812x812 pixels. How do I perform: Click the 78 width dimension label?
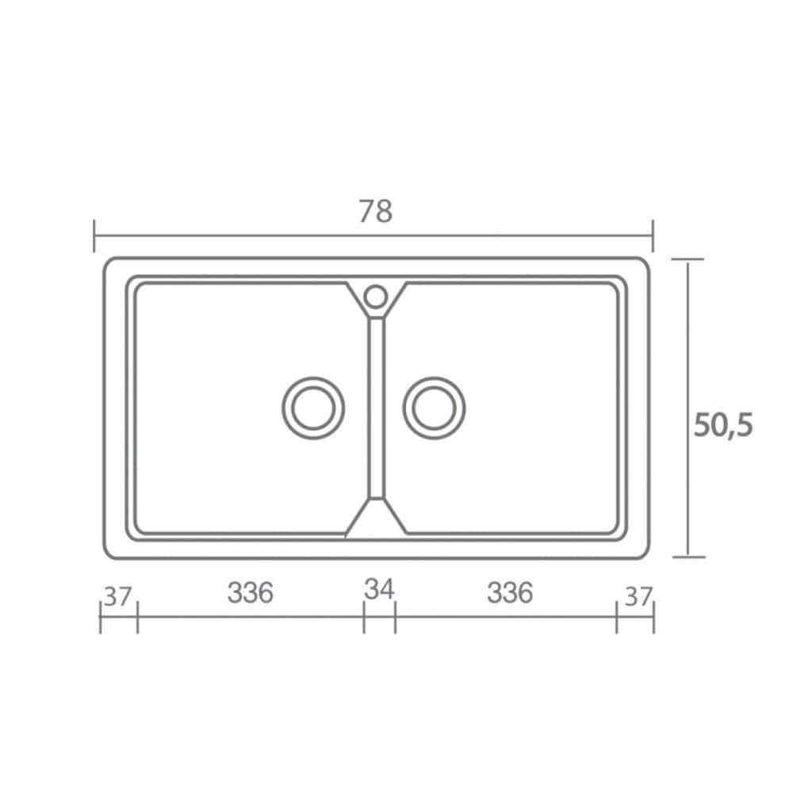coord(376,211)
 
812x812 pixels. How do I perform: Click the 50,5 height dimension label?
coord(723,426)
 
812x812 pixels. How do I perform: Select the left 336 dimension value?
coord(250,592)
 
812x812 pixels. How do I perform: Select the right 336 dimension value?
coord(510,592)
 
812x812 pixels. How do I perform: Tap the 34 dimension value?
coord(379,589)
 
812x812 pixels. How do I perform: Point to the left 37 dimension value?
coord(118,596)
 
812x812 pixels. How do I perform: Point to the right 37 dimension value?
coord(638,596)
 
